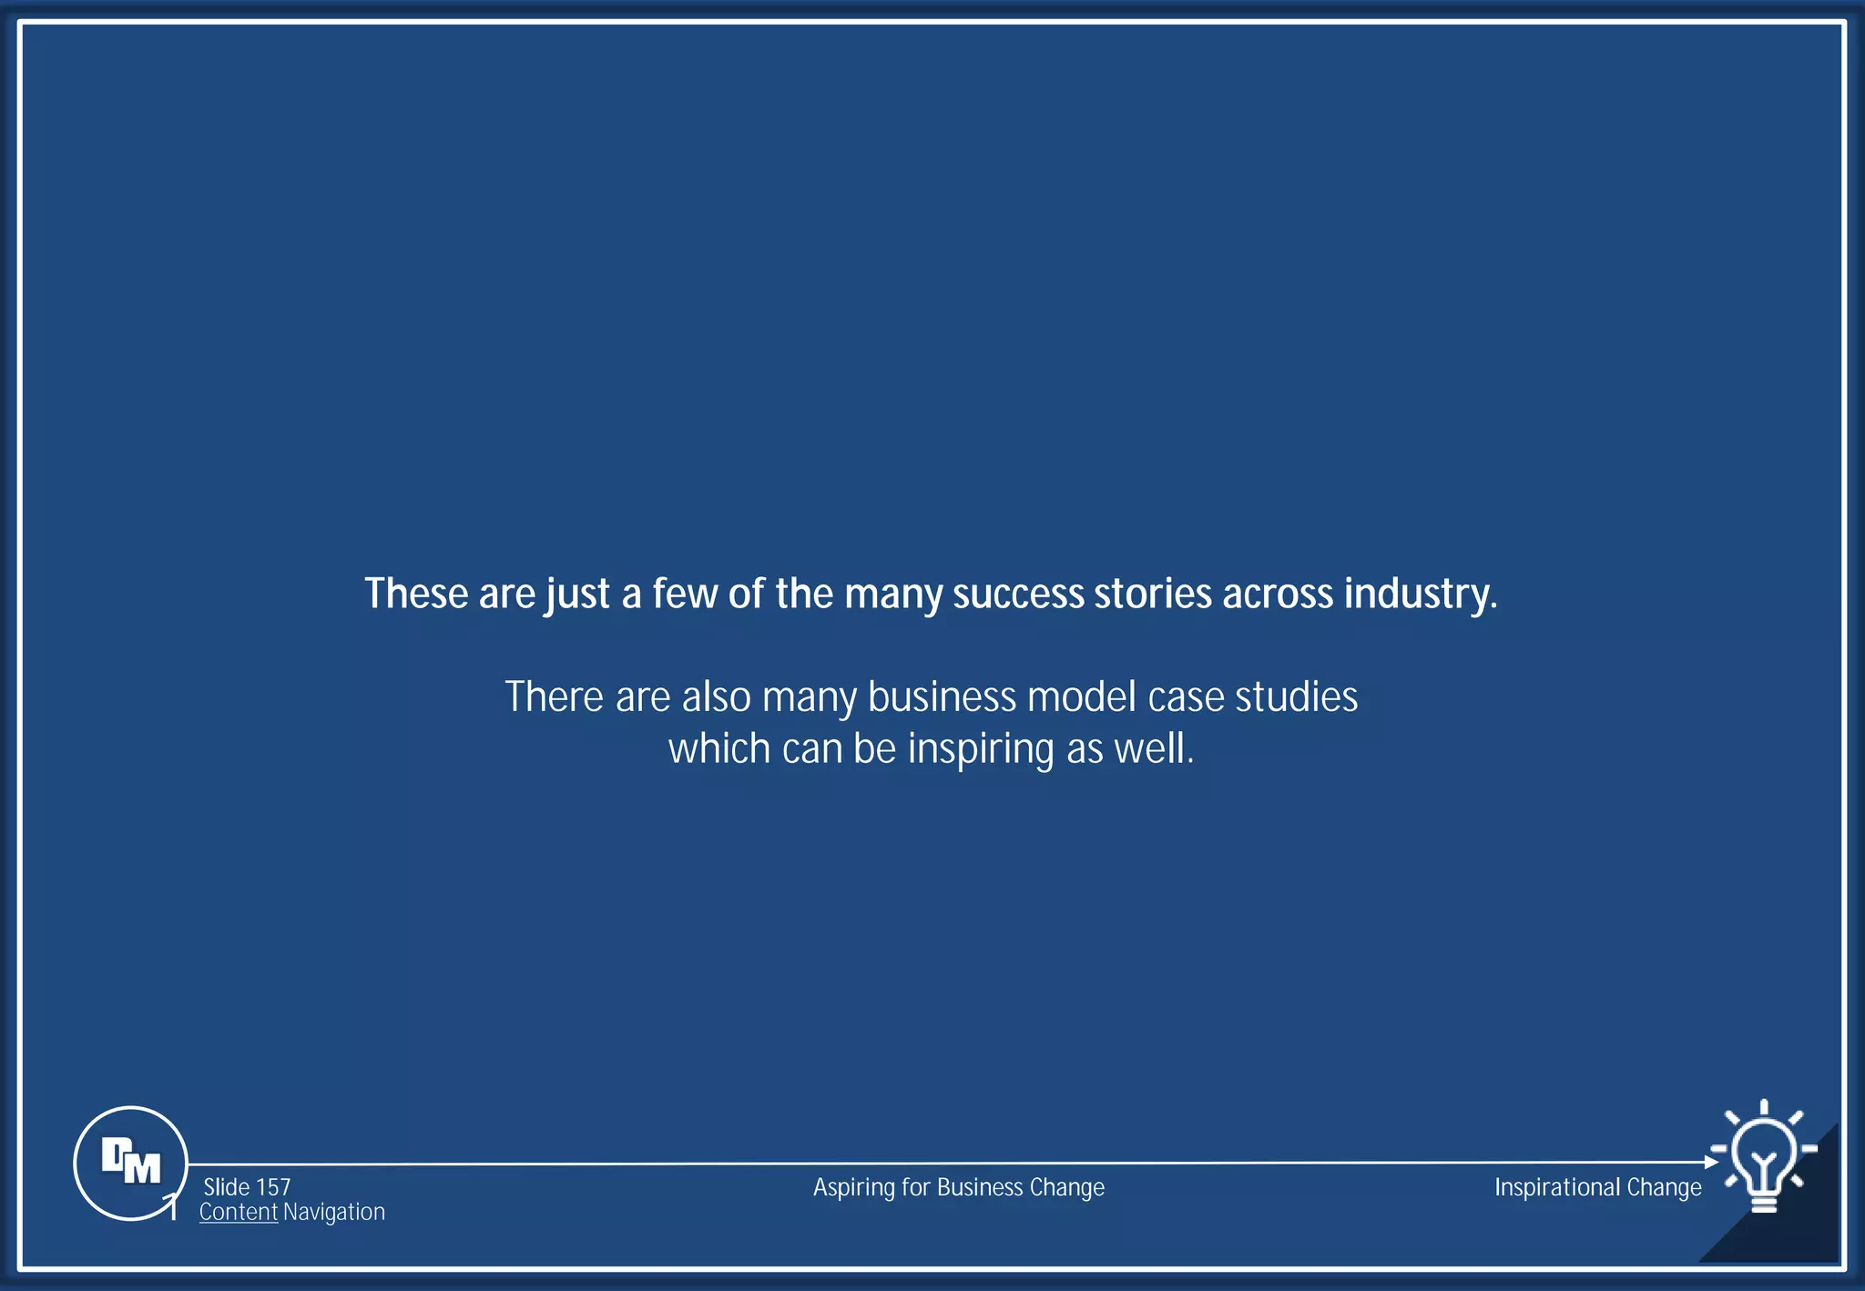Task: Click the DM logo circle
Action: click(x=130, y=1163)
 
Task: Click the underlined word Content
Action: click(x=239, y=1212)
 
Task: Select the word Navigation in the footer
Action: click(x=334, y=1212)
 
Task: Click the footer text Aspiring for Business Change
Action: click(x=958, y=1187)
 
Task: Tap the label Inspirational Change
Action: click(x=1597, y=1187)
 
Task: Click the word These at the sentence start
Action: click(x=416, y=595)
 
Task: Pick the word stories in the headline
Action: click(x=1152, y=595)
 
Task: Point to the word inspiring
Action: click(x=981, y=750)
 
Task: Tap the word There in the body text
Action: click(x=554, y=697)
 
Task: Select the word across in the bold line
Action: click(x=1278, y=595)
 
